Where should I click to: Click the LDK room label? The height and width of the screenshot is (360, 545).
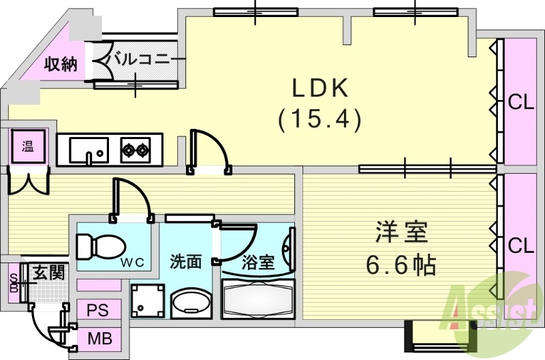(320, 88)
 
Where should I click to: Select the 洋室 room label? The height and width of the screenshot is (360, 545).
(401, 233)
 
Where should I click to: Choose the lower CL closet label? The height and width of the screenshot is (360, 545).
(521, 244)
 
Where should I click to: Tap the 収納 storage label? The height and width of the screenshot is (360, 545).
(60, 65)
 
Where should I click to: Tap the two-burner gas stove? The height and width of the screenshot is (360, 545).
(136, 149)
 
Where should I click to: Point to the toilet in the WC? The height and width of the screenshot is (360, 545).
(98, 245)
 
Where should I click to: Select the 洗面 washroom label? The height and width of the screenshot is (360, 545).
(185, 261)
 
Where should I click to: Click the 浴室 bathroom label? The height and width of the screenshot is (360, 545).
(258, 262)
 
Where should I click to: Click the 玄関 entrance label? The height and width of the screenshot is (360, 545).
(49, 273)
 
